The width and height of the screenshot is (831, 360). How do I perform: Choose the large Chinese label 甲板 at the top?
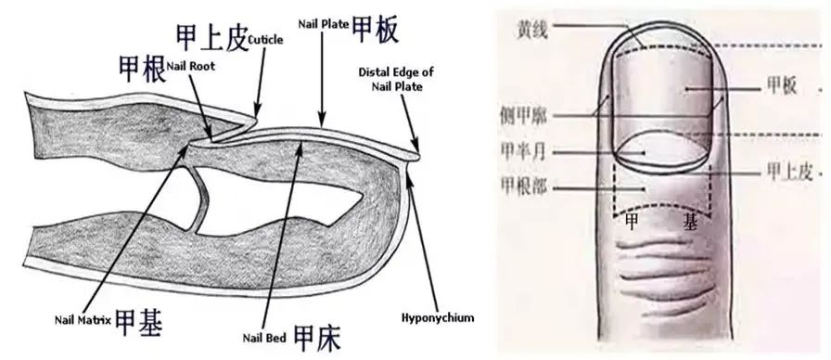[x=376, y=30]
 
